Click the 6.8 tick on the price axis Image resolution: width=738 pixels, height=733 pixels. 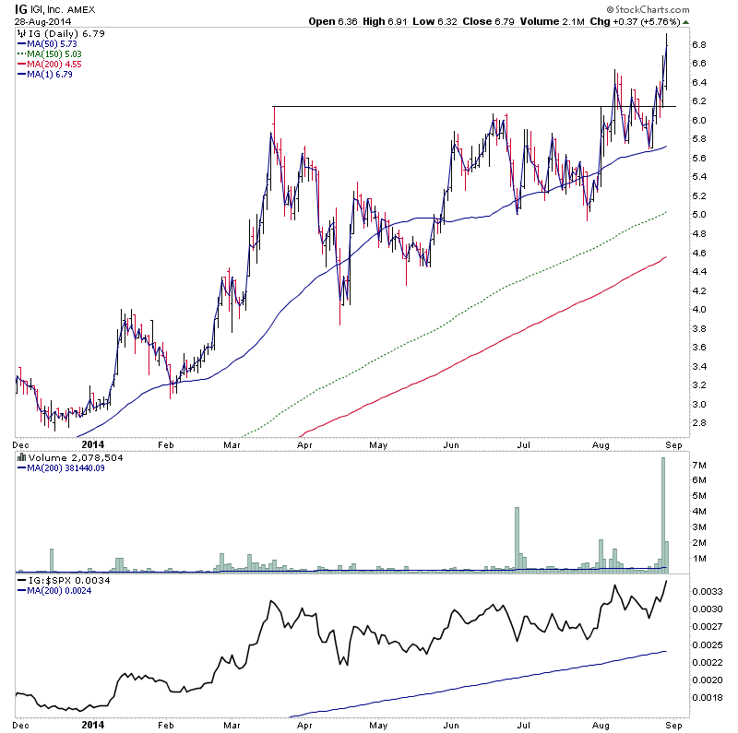tap(698, 44)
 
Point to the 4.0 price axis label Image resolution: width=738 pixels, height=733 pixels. tap(698, 310)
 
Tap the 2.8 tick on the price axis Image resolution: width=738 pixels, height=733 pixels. tap(698, 423)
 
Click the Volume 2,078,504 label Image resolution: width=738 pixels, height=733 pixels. tap(64, 457)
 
